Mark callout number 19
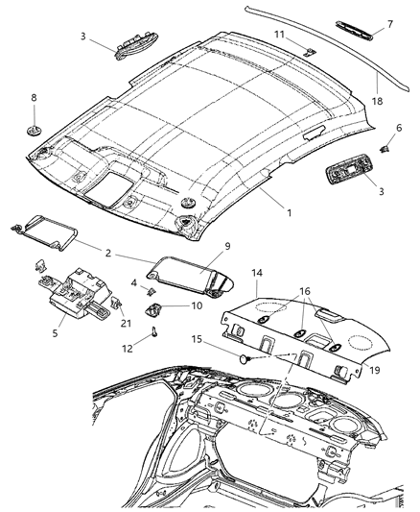tap(374, 368)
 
